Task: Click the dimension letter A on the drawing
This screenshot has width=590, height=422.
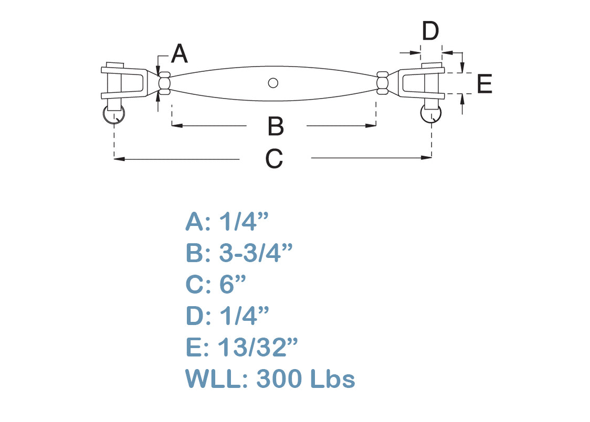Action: [x=179, y=53]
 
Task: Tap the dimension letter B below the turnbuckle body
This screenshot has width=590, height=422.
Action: [x=276, y=126]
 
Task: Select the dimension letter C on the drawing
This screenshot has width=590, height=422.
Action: [x=274, y=159]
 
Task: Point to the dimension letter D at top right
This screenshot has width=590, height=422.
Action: [x=430, y=31]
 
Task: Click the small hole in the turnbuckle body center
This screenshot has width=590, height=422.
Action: [x=273, y=83]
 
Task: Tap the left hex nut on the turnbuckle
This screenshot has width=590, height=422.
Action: [x=164, y=83]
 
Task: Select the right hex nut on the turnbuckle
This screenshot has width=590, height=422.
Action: [x=382, y=83]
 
